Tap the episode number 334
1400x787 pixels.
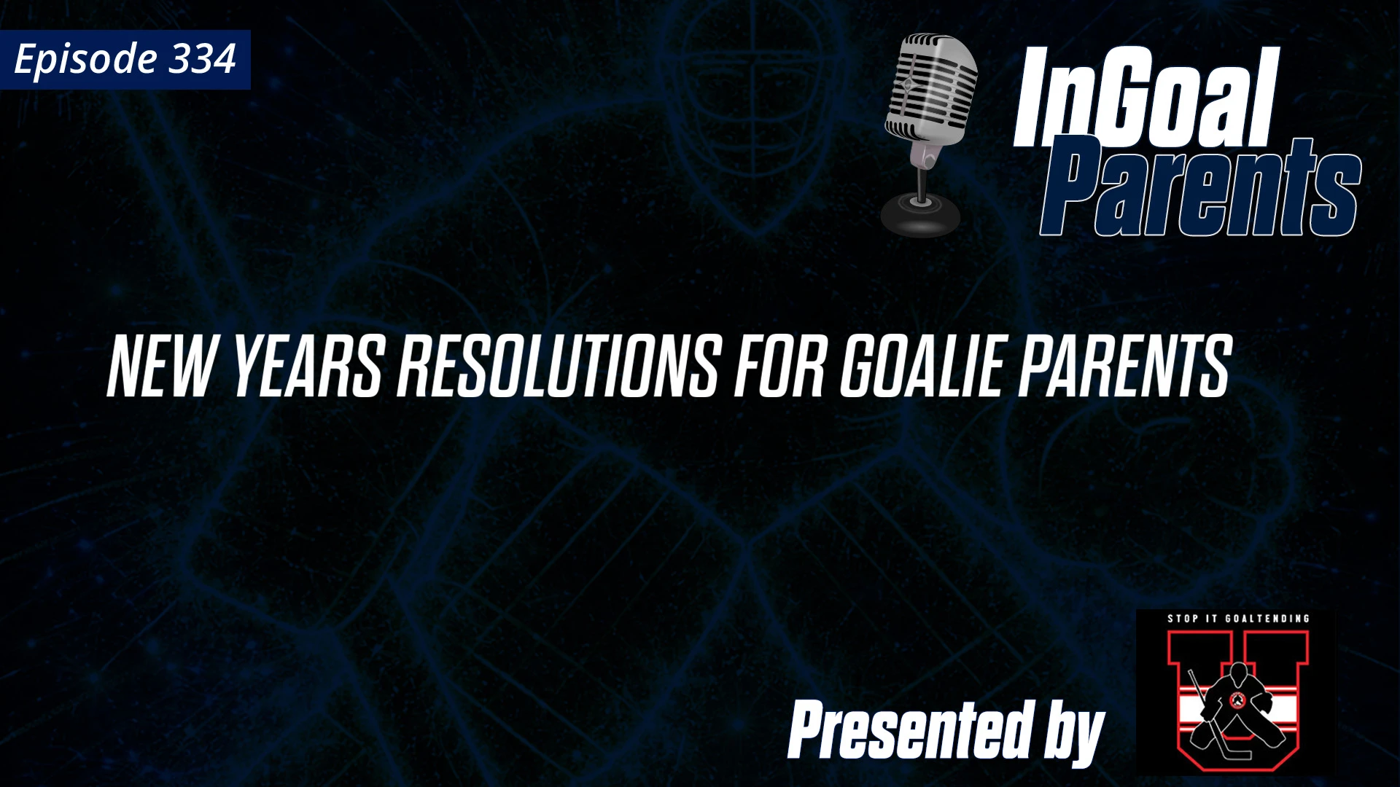[202, 59]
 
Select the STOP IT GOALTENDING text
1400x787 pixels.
[1238, 619]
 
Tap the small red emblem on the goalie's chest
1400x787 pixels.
[1237, 700]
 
